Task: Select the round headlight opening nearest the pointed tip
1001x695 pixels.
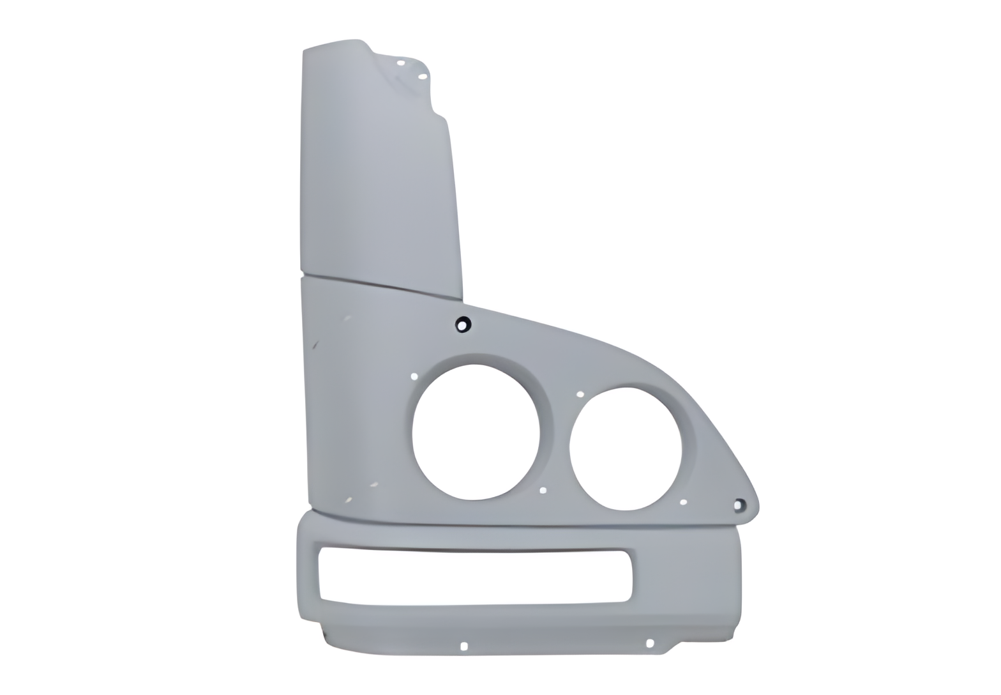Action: [x=625, y=448]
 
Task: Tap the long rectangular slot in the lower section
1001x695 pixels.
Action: [x=472, y=576]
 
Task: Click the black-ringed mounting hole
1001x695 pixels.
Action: [x=463, y=325]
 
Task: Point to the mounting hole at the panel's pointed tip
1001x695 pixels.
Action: [x=739, y=505]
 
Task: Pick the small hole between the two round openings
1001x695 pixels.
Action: [x=543, y=491]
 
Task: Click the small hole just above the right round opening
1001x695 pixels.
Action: [x=580, y=394]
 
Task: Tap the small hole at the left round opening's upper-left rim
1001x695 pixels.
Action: [x=414, y=376]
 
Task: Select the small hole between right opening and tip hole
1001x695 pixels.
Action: [x=683, y=502]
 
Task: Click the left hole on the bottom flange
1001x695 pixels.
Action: [x=464, y=646]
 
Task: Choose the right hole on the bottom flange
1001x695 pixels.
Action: [x=649, y=643]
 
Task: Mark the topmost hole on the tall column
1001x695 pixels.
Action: [x=401, y=63]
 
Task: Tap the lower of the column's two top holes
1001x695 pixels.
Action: [x=422, y=77]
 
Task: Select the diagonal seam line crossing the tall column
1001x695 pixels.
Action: [x=383, y=286]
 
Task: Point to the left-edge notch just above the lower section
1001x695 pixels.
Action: [x=310, y=508]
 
